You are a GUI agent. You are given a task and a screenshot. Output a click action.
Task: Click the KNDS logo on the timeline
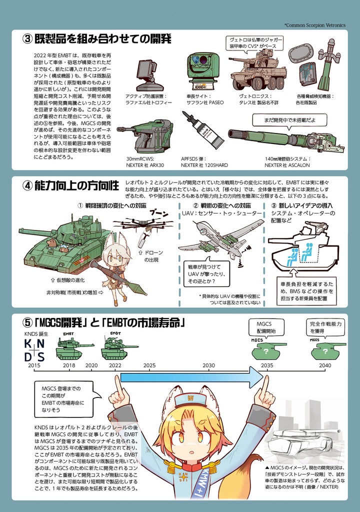pyautogui.click(x=34, y=349)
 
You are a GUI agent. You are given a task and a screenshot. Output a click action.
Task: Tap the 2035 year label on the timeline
pyautogui.click(x=267, y=365)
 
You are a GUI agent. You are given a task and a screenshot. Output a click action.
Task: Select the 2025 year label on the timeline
pyautogui.click(x=149, y=365)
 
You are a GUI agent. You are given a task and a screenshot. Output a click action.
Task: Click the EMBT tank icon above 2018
pyautogui.click(x=69, y=349)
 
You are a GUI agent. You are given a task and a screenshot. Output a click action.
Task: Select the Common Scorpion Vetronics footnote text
pyautogui.click(x=314, y=24)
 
